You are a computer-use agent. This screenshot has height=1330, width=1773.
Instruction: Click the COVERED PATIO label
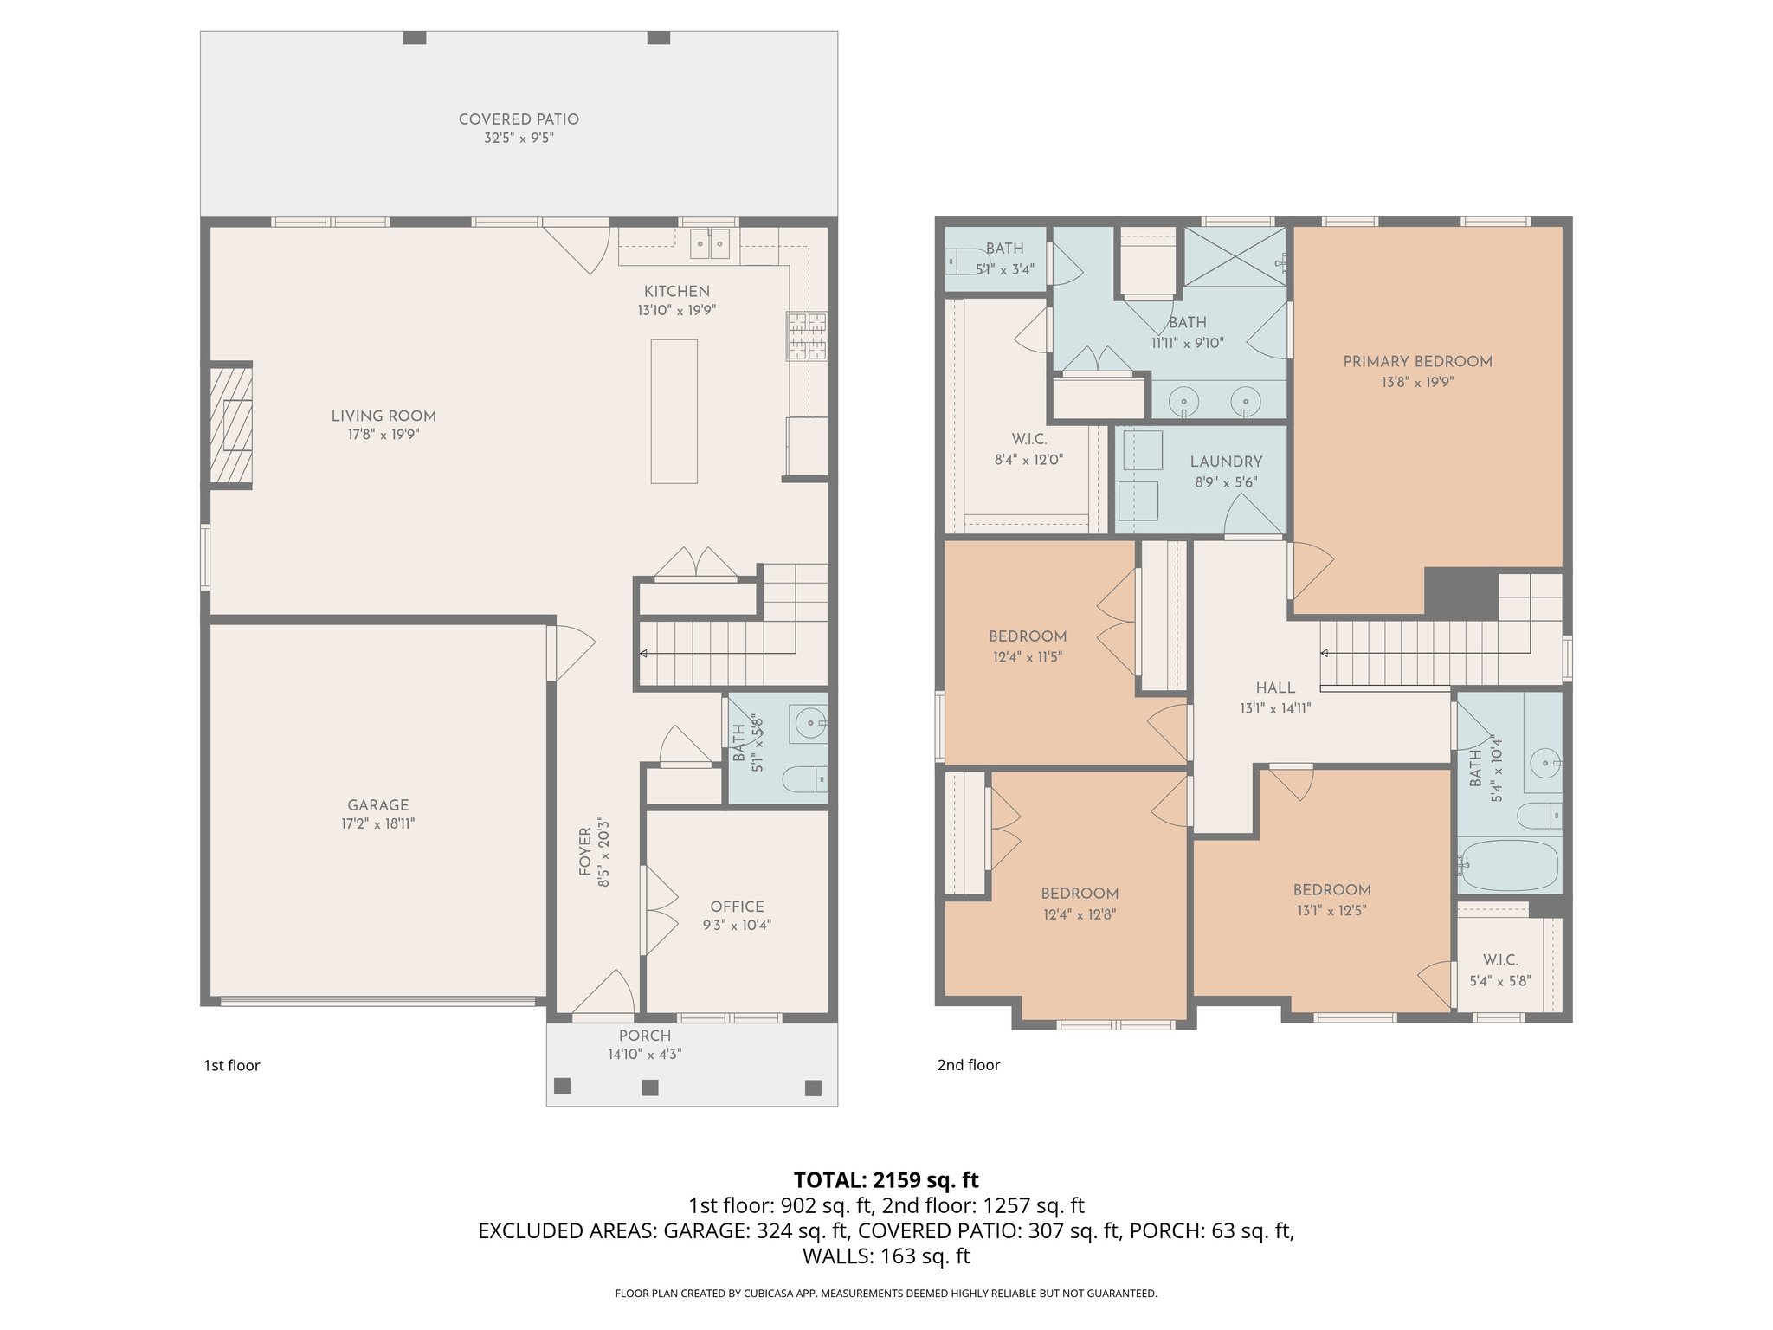tap(519, 119)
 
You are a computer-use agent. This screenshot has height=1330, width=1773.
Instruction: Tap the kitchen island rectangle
tap(674, 411)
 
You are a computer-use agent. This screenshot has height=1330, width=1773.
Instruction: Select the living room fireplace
tap(231, 425)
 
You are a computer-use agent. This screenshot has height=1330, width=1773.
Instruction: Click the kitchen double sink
tap(710, 244)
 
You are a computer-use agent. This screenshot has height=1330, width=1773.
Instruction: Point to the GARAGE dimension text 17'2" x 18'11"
tap(377, 824)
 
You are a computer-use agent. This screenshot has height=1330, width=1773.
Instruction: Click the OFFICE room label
tap(737, 907)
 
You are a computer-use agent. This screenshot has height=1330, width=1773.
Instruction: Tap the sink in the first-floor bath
tap(809, 721)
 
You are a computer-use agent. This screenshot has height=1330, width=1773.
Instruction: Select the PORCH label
tap(644, 1036)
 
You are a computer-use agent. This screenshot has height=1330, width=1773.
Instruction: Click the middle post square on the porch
tap(650, 1087)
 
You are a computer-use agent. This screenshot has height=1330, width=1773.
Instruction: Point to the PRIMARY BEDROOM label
tap(1417, 362)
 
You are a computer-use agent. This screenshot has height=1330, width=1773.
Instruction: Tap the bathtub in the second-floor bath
tap(1508, 864)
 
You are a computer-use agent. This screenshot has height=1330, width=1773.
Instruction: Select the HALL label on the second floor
tap(1275, 688)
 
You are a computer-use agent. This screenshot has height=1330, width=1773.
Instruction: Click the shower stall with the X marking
tap(1235, 256)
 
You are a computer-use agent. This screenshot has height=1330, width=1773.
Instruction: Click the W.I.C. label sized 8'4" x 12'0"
tap(1028, 440)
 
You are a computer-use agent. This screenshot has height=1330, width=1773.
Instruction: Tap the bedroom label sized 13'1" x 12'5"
tap(1331, 890)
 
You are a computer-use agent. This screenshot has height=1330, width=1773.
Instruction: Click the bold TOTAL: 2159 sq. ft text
tap(886, 1180)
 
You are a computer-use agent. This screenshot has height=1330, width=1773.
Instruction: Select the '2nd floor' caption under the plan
tap(968, 1065)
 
